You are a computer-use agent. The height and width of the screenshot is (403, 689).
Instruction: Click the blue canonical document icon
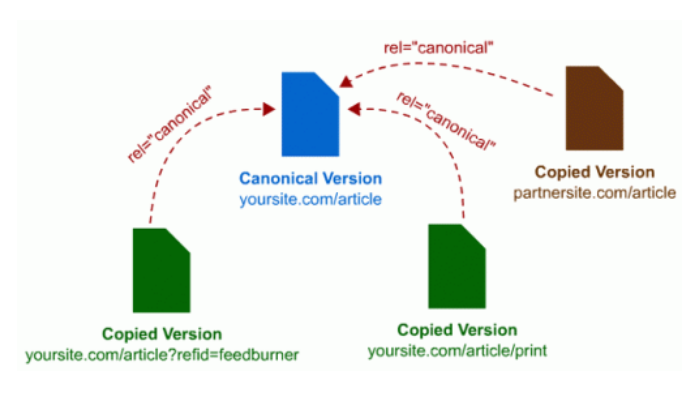click(x=309, y=114)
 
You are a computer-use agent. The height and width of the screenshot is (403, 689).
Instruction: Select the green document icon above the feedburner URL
click(x=162, y=270)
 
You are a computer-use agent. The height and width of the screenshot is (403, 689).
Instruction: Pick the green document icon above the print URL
click(x=457, y=267)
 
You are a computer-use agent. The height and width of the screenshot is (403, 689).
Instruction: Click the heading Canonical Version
click(x=310, y=179)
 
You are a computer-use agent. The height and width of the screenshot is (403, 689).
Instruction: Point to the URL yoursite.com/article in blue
click(x=310, y=200)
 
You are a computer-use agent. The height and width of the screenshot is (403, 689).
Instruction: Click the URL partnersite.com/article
click(x=595, y=190)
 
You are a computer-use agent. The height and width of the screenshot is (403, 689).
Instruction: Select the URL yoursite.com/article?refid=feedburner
click(x=162, y=355)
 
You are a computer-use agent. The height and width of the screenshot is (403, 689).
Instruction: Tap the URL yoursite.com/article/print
click(x=457, y=350)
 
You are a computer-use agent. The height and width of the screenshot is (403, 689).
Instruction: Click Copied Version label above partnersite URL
click(x=595, y=172)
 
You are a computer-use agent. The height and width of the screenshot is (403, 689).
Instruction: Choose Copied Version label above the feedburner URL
click(x=162, y=334)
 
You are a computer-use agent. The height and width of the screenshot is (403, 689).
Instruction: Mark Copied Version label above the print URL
click(x=457, y=330)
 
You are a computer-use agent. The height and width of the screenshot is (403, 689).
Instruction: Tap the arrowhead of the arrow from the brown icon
click(x=345, y=82)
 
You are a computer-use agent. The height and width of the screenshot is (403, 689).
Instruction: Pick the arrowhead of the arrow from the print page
click(x=353, y=106)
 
